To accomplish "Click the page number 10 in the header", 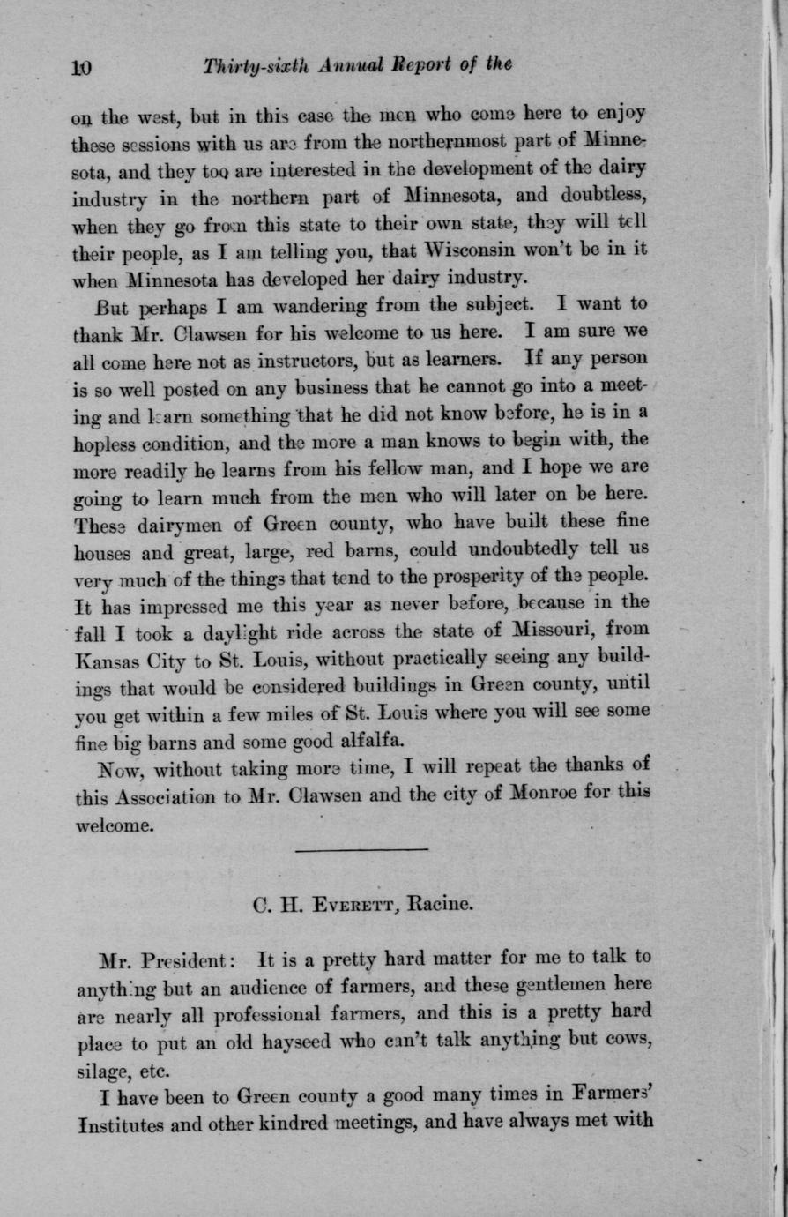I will coord(82,66).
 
